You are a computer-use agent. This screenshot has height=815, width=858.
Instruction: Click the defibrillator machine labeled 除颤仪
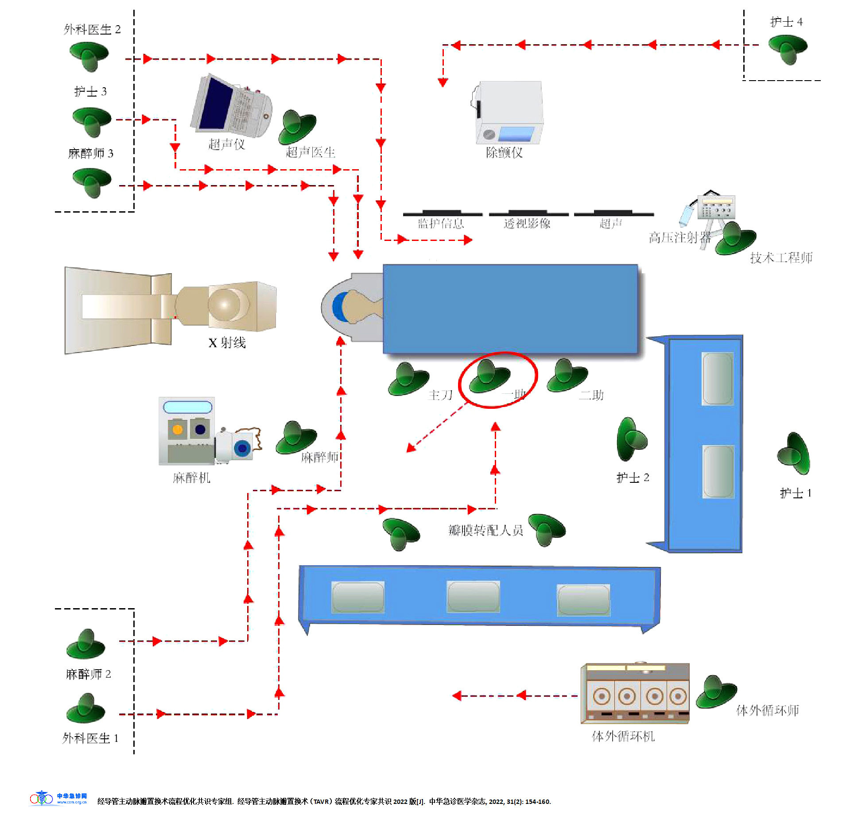point(509,113)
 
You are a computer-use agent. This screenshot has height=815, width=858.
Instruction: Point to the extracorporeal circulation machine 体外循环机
point(635,693)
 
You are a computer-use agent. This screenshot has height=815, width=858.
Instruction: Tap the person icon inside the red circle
point(489,376)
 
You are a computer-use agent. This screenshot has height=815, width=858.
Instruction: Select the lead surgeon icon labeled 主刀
point(408,379)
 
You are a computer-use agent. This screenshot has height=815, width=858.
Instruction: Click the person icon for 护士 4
point(788,48)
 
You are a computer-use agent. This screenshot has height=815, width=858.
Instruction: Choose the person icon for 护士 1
point(795,454)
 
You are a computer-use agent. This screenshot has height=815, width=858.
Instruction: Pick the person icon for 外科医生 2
point(89,56)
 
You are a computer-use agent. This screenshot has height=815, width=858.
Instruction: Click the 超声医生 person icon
point(297,127)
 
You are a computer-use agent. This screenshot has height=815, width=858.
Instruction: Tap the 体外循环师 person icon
point(716,691)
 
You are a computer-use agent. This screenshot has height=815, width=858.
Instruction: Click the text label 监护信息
point(441,224)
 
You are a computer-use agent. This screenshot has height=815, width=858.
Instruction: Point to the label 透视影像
point(527,224)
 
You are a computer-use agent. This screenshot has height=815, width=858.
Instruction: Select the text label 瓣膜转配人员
point(485,530)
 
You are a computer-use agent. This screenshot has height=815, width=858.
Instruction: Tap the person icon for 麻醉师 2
point(85,644)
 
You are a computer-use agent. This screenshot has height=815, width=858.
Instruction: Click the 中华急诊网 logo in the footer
point(58,798)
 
